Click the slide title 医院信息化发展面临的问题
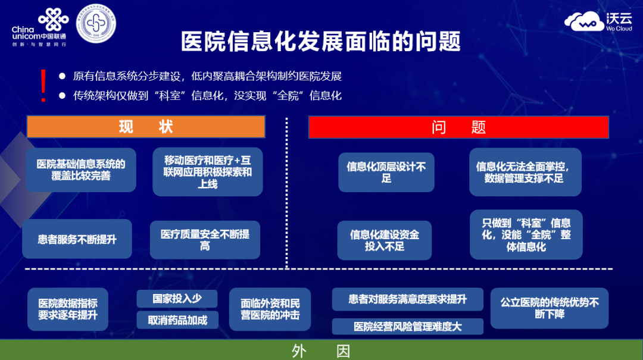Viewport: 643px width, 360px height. (321, 41)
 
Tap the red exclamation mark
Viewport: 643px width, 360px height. (43, 86)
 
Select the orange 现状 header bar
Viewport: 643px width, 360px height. (146, 127)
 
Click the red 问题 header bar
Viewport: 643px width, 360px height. (458, 127)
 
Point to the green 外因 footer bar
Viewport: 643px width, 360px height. (321, 350)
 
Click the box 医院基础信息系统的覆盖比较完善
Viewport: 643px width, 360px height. (81, 170)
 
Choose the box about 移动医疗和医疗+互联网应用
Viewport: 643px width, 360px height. (208, 172)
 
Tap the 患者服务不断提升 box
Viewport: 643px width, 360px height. (77, 239)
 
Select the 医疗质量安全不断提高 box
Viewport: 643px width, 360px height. (205, 239)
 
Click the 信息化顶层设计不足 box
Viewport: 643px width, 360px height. (386, 173)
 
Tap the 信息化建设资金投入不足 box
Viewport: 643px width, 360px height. (385, 240)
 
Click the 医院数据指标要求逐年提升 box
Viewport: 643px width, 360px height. (68, 309)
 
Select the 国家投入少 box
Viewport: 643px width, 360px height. (177, 299)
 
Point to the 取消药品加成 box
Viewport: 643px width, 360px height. (177, 320)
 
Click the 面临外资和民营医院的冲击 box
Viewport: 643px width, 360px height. (270, 309)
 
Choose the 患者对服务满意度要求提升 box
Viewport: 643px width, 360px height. (408, 299)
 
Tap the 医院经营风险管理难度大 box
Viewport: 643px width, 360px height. (408, 326)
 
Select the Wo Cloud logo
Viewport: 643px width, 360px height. (599, 23)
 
